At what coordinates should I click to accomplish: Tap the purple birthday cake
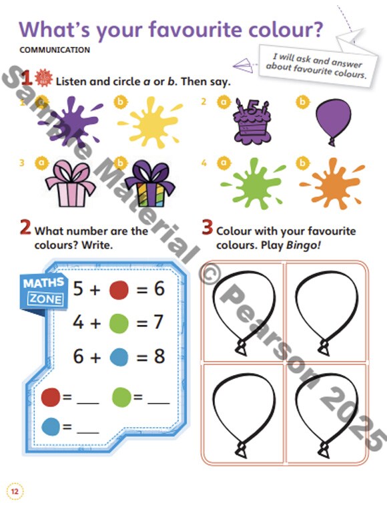point(252,122)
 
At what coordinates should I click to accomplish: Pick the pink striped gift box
point(70,183)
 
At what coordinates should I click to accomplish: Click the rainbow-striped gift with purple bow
point(150,184)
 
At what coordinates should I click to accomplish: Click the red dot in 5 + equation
point(119,289)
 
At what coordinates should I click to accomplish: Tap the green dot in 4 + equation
point(119,323)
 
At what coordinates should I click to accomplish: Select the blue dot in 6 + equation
point(119,357)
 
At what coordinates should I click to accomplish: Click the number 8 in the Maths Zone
point(159,356)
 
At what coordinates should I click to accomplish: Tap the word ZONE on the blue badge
point(46,299)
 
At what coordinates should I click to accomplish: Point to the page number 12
point(15,491)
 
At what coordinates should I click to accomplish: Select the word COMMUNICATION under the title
point(55,50)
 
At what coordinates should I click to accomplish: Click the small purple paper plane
point(244,65)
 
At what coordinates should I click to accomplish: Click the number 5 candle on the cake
point(252,108)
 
